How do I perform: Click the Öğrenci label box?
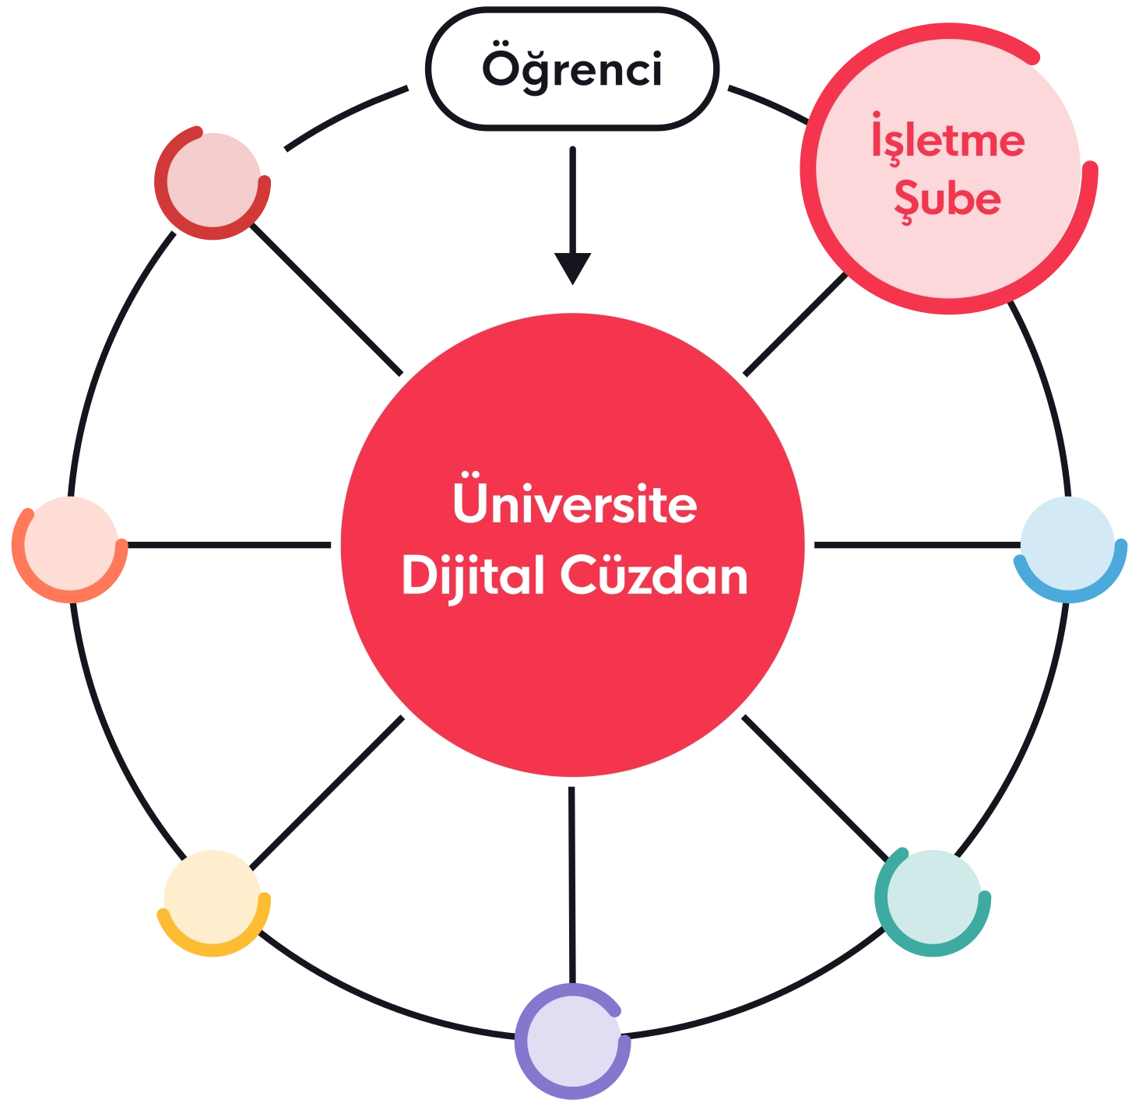572,70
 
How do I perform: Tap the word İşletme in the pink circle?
947,141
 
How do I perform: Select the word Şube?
947,199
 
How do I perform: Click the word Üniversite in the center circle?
575,504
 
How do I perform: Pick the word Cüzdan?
654,577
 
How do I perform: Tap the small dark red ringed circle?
213,183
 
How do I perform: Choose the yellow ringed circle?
213,901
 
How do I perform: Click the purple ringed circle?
572,1042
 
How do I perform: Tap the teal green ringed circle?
932,901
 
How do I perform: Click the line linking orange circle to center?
230,549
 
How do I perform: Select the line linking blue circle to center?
915,548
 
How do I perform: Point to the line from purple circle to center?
573,883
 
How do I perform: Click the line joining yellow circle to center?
327,794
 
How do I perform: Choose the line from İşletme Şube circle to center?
794,327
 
